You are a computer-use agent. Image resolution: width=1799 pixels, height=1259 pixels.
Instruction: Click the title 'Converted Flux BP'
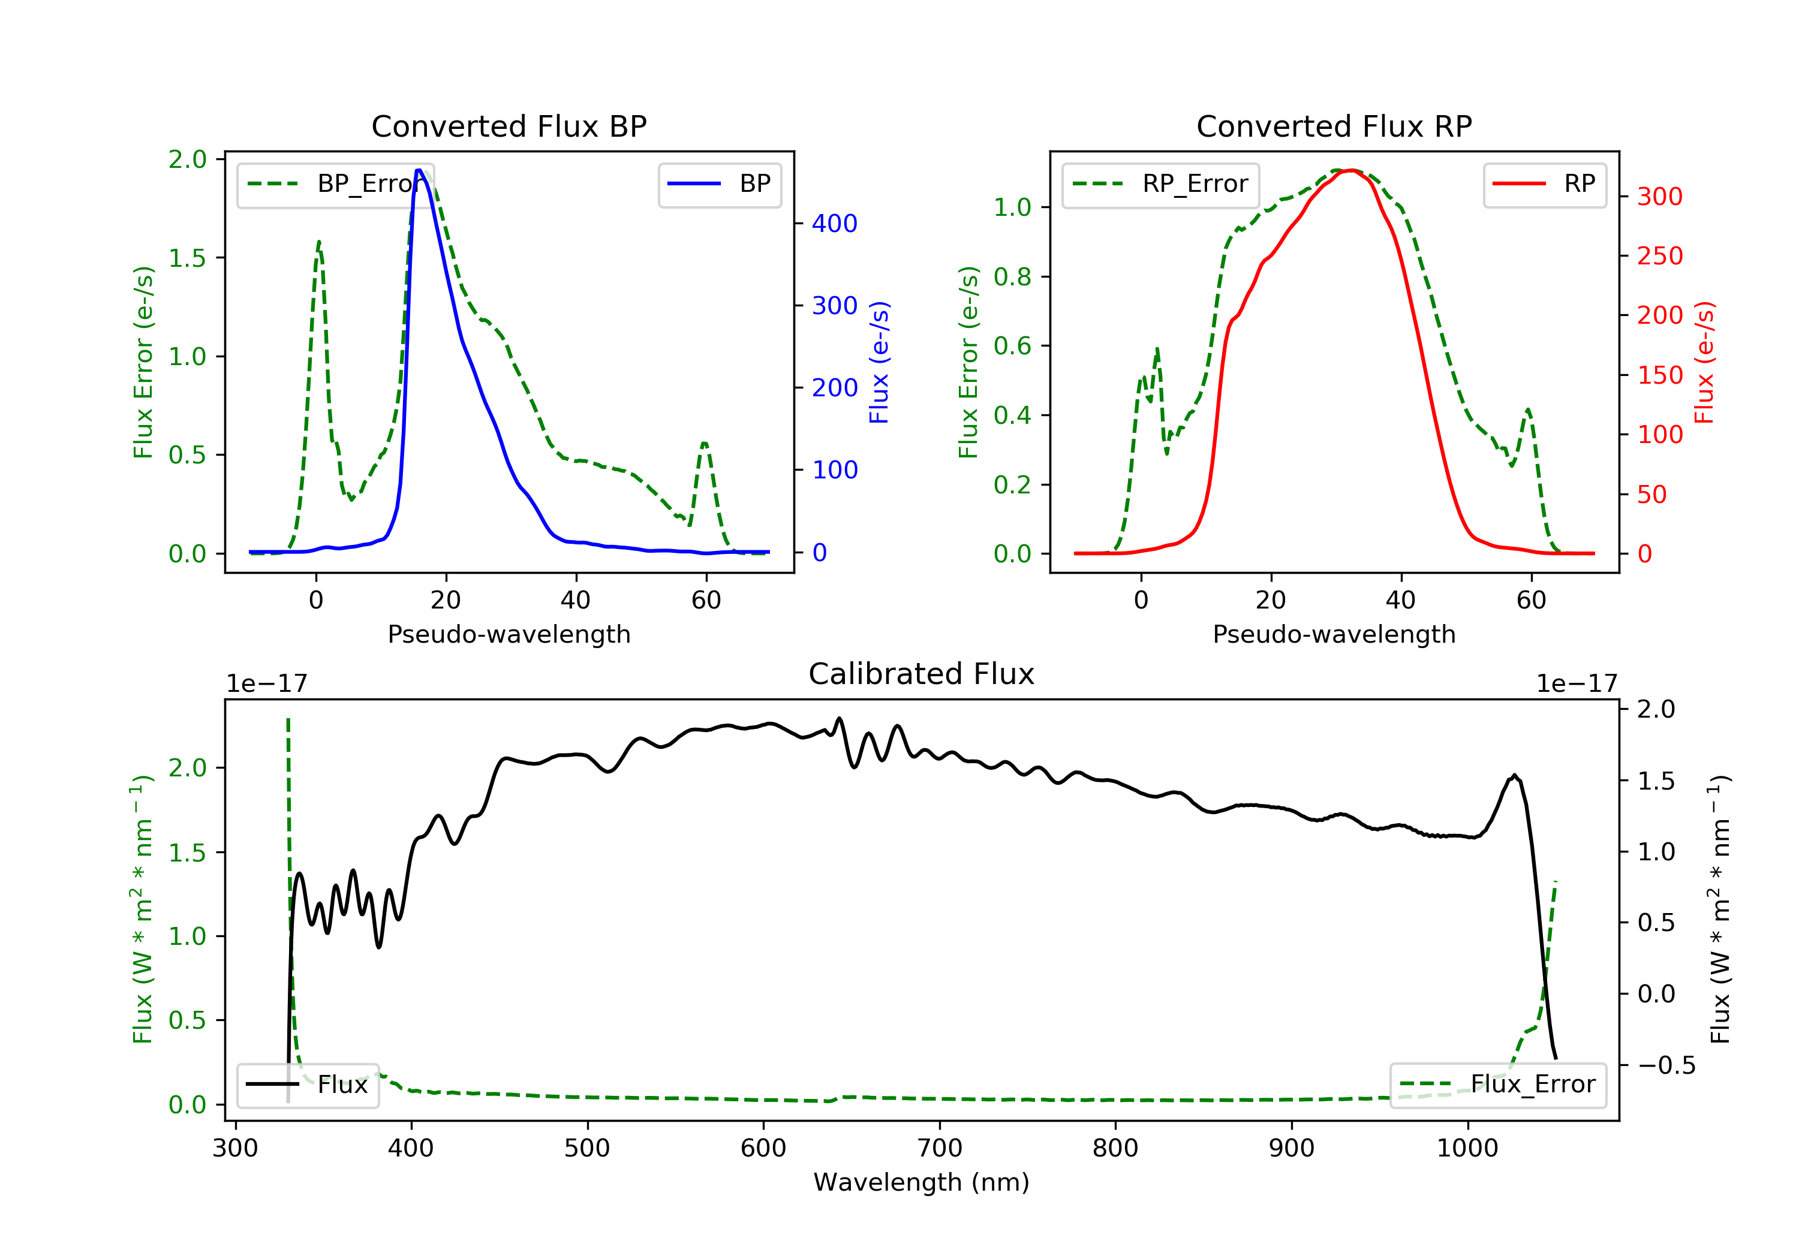[509, 126]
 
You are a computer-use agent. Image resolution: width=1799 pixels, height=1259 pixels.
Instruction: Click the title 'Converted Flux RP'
[1334, 126]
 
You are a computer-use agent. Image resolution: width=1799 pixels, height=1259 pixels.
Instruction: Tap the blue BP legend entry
[719, 184]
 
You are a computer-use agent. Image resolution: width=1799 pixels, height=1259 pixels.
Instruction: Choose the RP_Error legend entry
[1160, 184]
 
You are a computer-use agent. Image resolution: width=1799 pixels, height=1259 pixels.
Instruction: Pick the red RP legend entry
[1544, 184]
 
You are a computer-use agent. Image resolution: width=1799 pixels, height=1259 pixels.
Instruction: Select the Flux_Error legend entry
[1497, 1085]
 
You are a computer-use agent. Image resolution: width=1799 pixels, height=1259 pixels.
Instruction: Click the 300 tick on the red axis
[1659, 197]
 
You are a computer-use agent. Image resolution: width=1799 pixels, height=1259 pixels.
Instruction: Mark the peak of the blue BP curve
[419, 170]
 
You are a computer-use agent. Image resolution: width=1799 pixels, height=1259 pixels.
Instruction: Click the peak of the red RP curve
[1352, 170]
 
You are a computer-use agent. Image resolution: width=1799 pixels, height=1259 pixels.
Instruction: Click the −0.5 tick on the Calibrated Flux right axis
[1666, 1065]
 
